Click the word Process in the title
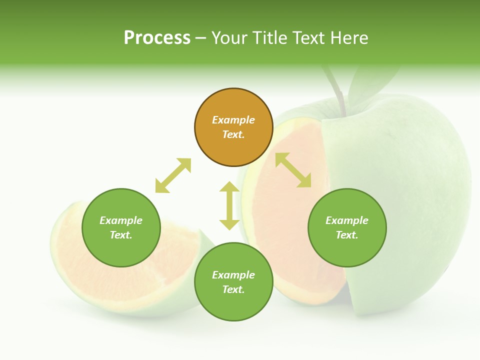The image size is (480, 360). point(157,38)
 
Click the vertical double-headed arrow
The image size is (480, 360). point(229,205)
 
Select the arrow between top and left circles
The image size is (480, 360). point(173,175)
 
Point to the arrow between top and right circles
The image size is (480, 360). point(293,170)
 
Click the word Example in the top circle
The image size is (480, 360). point(233,120)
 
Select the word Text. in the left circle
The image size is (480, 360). point(121,235)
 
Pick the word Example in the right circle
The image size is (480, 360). point(347,220)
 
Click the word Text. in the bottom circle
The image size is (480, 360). point(233,289)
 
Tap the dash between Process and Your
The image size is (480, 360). point(201,38)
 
